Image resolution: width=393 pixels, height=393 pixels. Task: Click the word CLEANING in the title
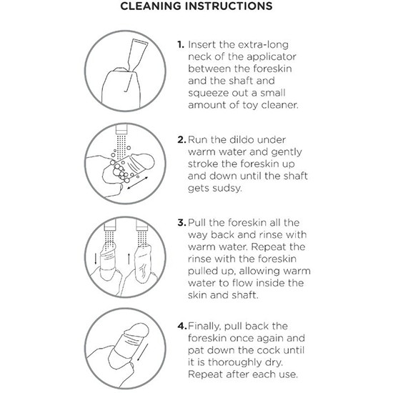[x=150, y=6]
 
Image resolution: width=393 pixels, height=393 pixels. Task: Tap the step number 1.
[x=181, y=44]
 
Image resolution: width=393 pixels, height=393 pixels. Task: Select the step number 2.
[x=181, y=139]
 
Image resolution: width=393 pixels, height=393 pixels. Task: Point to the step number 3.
[x=181, y=222]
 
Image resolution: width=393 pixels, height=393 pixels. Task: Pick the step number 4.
[x=182, y=326]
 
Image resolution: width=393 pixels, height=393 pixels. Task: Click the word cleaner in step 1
[x=279, y=105]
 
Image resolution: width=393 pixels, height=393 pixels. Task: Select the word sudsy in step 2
[x=228, y=189]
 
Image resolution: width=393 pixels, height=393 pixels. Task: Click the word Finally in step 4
[x=204, y=327]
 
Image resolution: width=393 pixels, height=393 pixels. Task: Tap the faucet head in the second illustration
[x=121, y=129]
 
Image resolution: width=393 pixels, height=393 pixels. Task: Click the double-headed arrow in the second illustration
[x=138, y=183]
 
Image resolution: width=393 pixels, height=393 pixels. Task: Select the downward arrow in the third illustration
[x=96, y=259]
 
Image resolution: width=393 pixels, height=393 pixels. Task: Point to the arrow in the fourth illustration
[x=142, y=353]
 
